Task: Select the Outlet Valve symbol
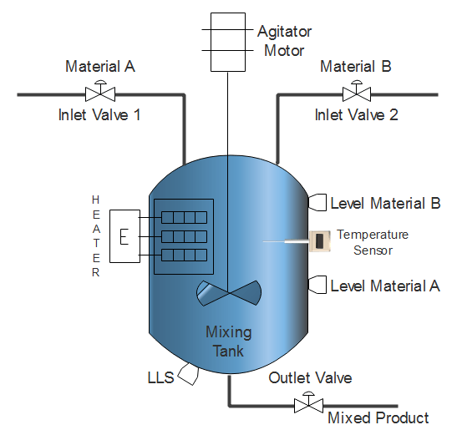[308, 402]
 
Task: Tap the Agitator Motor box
[228, 42]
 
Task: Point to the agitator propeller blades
[229, 293]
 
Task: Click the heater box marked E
[124, 236]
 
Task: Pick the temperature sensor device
[319, 241]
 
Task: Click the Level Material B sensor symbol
[317, 202]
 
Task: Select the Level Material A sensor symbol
[317, 285]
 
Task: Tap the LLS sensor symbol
[189, 374]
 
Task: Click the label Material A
[100, 67]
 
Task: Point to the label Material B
[356, 67]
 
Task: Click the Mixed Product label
[378, 417]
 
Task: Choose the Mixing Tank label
[229, 341]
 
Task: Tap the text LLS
[161, 378]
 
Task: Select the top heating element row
[184, 217]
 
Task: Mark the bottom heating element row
[184, 255]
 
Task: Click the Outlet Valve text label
[310, 378]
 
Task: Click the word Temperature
[373, 235]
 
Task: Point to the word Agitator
[284, 32]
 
